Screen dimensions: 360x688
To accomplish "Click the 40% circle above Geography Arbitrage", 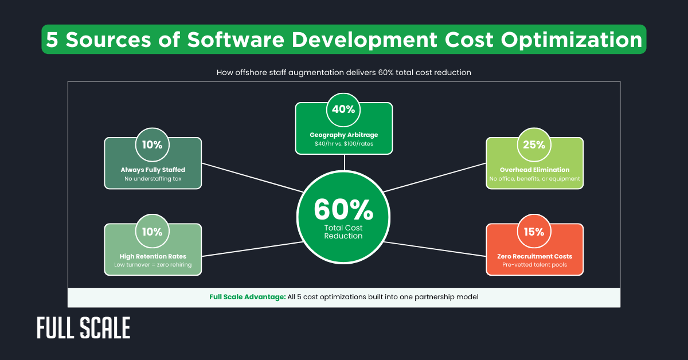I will (343, 109).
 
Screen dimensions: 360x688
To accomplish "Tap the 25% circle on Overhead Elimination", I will (534, 144).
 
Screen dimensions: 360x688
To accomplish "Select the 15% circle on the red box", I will (534, 232).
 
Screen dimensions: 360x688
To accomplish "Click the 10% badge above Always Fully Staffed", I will (153, 144).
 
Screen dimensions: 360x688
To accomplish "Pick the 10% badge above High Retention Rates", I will (153, 232).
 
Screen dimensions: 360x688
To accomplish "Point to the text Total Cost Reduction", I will (343, 232).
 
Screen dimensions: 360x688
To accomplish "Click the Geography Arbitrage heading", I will (344, 135).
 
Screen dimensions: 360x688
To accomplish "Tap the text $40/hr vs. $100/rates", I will (344, 144).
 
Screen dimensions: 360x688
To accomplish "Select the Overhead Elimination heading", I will (534, 170).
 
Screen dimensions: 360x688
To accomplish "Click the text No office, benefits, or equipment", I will (534, 179).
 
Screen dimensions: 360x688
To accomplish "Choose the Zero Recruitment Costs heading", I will (534, 256).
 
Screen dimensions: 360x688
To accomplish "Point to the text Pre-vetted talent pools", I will (534, 265).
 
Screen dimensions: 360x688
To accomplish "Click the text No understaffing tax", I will (153, 179).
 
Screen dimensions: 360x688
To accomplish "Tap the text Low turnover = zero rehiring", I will (153, 265).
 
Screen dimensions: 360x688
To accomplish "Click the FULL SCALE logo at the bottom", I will (84, 328).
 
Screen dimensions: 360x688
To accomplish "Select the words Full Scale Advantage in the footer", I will (247, 297).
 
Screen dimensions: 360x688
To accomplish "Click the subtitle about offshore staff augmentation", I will (343, 73).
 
